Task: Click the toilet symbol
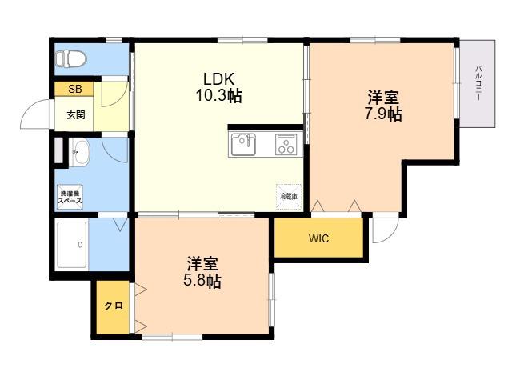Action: tap(70, 58)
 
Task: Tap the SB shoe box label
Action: tap(74, 89)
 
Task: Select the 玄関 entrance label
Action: tap(76, 115)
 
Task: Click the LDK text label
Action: tap(218, 79)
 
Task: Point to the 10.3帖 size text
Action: tap(218, 96)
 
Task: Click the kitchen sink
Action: tap(243, 144)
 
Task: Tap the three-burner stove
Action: tap(286, 144)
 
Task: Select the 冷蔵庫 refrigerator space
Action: tap(289, 196)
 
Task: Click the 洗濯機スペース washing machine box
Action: tap(70, 197)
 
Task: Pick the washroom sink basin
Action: tap(78, 152)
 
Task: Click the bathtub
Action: tap(72, 245)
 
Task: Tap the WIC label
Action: tap(318, 238)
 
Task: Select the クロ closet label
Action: tap(114, 306)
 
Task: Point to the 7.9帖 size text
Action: tap(383, 114)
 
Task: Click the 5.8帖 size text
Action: tap(202, 281)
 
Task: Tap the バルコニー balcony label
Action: tap(478, 83)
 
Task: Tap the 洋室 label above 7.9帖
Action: tap(383, 97)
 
